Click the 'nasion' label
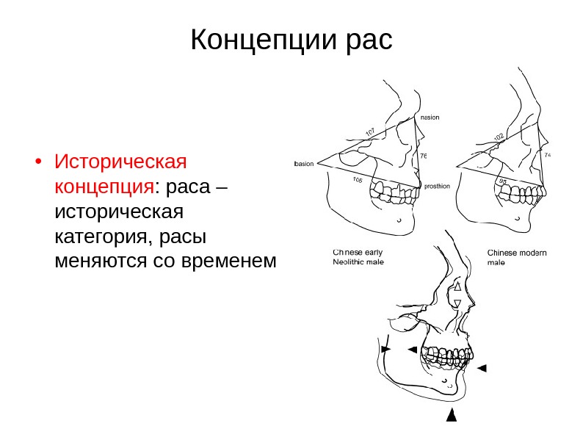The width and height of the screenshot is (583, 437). click(430, 116)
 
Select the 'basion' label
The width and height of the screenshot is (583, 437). click(303, 164)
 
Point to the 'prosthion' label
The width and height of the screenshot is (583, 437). click(437, 187)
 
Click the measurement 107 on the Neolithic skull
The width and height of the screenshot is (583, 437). click(370, 132)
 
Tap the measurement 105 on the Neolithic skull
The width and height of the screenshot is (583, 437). click(358, 180)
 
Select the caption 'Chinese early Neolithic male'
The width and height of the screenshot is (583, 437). click(358, 256)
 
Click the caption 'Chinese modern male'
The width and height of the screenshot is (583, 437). click(517, 256)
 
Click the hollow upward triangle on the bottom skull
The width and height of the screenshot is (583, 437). click(457, 287)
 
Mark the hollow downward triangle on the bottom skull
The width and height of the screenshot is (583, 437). click(457, 303)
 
